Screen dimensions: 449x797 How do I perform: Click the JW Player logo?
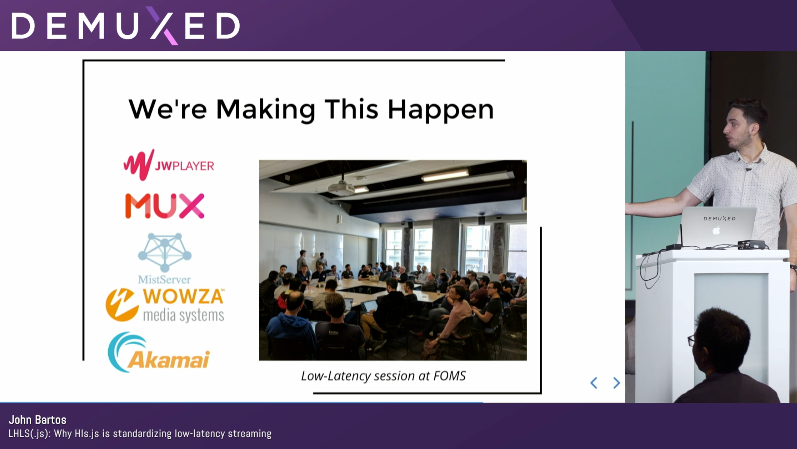(169, 165)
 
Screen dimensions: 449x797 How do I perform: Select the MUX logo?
(165, 206)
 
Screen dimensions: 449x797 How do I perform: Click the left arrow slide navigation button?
(593, 383)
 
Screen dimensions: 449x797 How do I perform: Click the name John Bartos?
(37, 420)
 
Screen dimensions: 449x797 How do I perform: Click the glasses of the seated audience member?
(691, 340)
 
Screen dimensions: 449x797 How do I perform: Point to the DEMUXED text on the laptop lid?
(719, 218)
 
